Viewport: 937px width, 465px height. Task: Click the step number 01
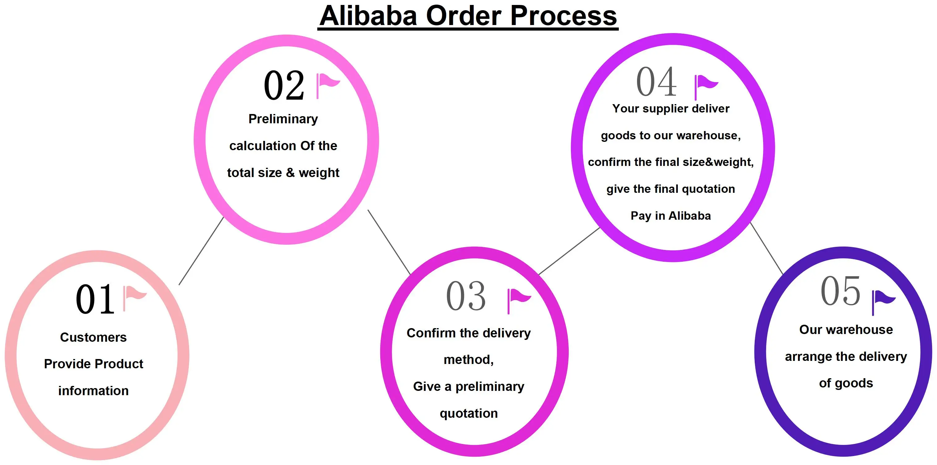(95, 299)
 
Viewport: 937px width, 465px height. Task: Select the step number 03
(466, 296)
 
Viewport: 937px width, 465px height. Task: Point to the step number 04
(656, 82)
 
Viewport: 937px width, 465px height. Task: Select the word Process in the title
(563, 16)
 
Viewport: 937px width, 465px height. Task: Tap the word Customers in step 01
(94, 337)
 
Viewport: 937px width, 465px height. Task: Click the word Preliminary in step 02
(283, 119)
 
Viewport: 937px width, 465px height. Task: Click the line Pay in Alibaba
(671, 216)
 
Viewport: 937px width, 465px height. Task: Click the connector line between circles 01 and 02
(201, 251)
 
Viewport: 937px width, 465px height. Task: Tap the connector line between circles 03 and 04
(569, 251)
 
